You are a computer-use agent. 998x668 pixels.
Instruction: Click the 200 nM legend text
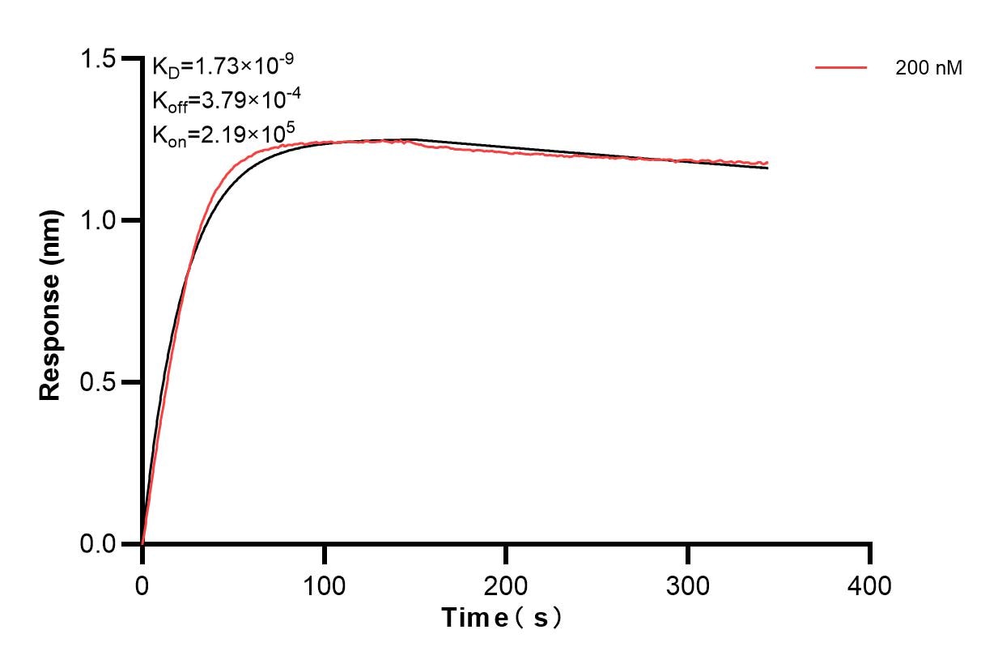928,69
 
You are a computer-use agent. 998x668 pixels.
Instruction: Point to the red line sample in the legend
841,68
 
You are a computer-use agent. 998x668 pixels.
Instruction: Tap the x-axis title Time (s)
502,619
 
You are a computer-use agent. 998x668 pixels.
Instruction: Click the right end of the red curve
767,163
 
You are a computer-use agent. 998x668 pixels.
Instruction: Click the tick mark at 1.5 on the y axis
130,58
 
